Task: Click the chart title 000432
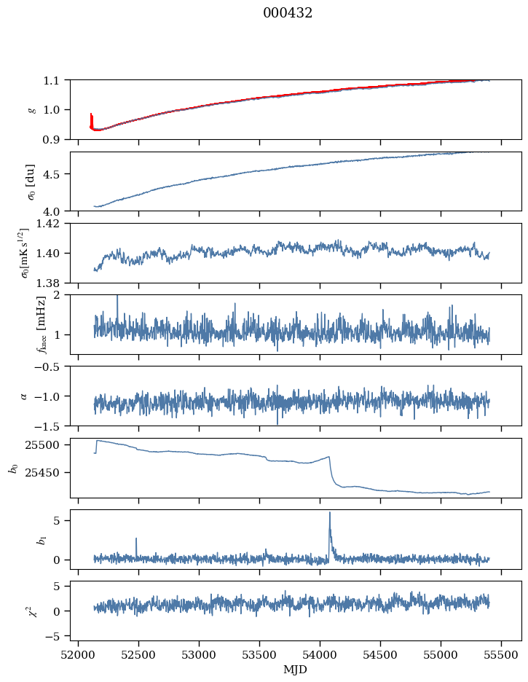click(x=288, y=13)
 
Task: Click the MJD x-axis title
click(x=296, y=669)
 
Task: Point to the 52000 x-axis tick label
click(x=79, y=654)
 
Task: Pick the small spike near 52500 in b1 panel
click(x=136, y=539)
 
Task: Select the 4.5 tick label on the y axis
click(x=56, y=174)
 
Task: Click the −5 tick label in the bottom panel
click(x=55, y=636)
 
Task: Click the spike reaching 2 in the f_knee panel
click(x=117, y=297)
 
